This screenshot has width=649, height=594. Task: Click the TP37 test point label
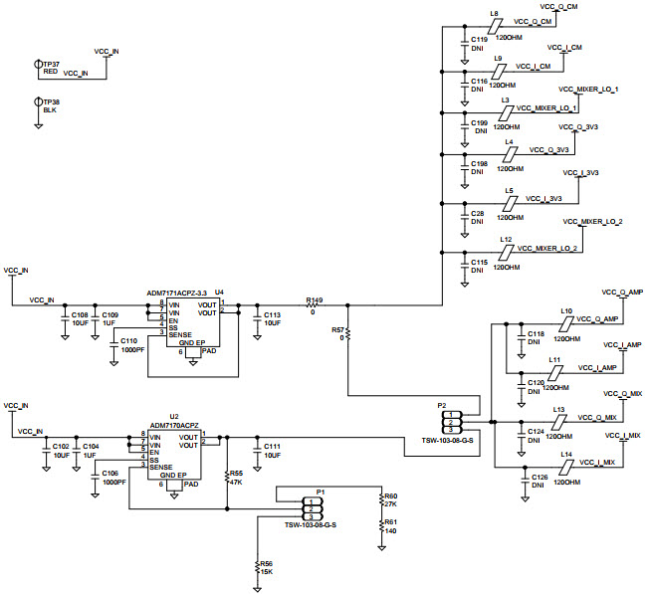click(x=51, y=64)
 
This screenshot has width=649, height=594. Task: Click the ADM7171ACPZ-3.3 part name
click(x=177, y=293)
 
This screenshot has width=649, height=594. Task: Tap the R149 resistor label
click(x=315, y=298)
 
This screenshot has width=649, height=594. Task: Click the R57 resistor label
click(x=338, y=328)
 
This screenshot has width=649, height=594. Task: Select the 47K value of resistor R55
click(x=236, y=482)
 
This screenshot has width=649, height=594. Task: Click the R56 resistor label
click(x=267, y=563)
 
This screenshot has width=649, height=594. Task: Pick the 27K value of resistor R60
click(x=390, y=504)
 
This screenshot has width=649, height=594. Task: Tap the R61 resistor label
click(x=390, y=522)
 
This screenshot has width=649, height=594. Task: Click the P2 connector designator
click(x=442, y=406)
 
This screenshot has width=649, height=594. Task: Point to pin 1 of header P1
click(x=311, y=501)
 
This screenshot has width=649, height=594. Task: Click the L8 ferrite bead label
click(x=494, y=13)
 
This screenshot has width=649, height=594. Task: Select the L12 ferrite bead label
click(x=506, y=239)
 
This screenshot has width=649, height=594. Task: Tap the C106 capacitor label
click(x=109, y=473)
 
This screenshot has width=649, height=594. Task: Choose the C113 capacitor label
click(x=272, y=314)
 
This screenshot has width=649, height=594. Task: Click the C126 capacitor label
click(x=539, y=478)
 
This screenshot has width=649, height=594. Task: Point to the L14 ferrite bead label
click(x=565, y=454)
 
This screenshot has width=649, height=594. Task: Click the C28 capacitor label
click(x=478, y=213)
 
